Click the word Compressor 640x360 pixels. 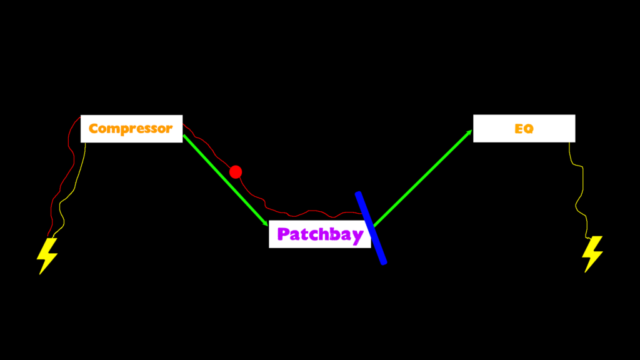pyautogui.click(x=131, y=129)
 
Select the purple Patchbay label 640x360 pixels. pyautogui.click(x=320, y=234)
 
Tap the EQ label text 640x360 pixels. pyautogui.click(x=524, y=129)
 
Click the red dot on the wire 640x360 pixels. pyautogui.click(x=236, y=172)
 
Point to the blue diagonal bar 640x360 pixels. pyautogui.click(x=371, y=227)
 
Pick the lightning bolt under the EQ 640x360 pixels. pyautogui.click(x=592, y=253)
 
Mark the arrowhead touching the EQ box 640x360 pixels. pyautogui.click(x=469, y=132)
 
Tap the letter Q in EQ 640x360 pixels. pyautogui.click(x=529, y=129)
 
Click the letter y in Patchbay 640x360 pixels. pyautogui.click(x=357, y=236)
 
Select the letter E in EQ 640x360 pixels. pyautogui.click(x=519, y=129)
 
